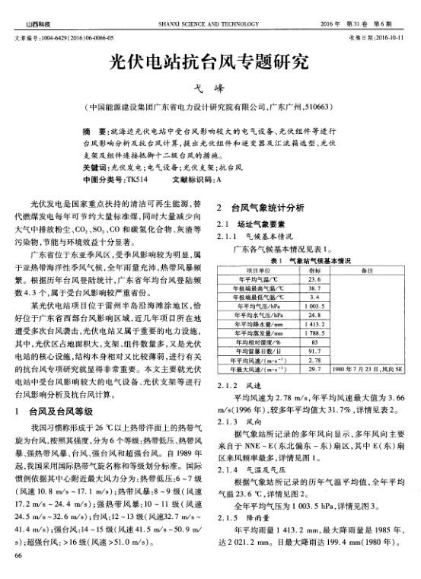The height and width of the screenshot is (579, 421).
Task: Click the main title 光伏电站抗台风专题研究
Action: pos(209,61)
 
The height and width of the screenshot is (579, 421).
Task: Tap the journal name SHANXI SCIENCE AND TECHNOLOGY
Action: pos(210,25)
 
